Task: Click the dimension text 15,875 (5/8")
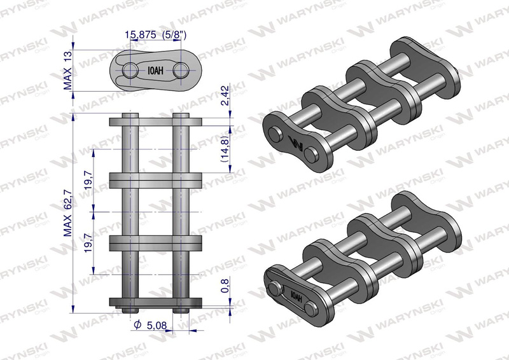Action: point(156,34)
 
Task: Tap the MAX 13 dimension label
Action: point(67,71)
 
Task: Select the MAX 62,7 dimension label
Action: point(67,213)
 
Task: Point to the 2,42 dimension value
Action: point(225,95)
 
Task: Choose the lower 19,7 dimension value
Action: point(88,240)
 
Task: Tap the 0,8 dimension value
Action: point(225,286)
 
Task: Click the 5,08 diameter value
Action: point(157,324)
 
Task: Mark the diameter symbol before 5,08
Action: point(138,324)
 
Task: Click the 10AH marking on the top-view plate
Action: point(155,71)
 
